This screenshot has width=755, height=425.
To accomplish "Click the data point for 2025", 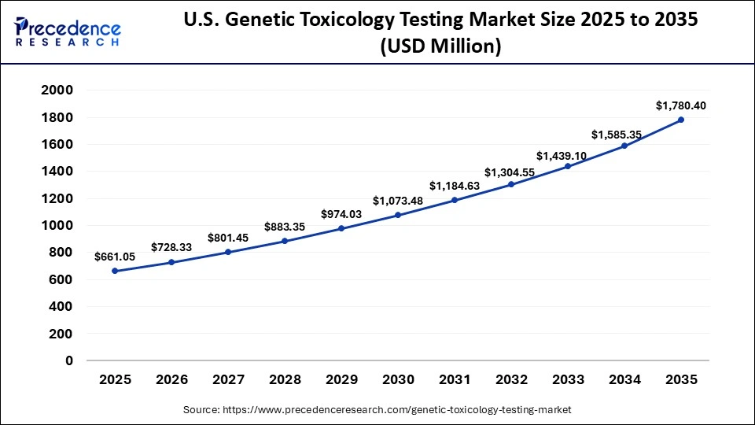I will tap(115, 271).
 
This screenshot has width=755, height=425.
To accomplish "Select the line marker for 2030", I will tap(398, 215).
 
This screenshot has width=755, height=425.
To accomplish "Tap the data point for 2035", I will tap(681, 120).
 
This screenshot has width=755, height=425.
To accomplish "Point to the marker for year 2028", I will tap(285, 241).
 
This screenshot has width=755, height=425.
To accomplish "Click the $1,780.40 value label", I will tap(681, 105).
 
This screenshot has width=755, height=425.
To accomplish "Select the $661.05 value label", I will tap(115, 256).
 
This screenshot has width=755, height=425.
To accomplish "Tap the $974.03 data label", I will tap(341, 213).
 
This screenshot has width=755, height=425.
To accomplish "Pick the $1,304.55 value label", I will tap(511, 172).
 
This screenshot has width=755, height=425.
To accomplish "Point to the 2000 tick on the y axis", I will tap(57, 91).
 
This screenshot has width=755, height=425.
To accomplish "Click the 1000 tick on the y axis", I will tap(57, 225).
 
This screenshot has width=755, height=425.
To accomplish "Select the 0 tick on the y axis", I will tap(69, 360).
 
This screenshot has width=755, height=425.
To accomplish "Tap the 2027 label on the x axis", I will tap(228, 379).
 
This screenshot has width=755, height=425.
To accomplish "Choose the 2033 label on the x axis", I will tap(568, 379).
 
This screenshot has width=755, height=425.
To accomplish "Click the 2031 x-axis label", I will tap(455, 379).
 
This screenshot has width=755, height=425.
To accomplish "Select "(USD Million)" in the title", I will tap(440, 46).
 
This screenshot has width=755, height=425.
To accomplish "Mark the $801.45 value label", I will tap(228, 237).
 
